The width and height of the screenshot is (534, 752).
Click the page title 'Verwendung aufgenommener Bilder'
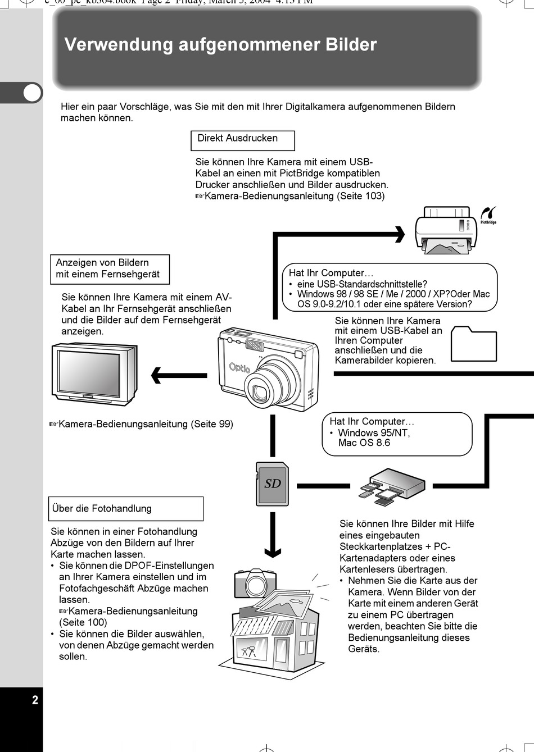click(220, 45)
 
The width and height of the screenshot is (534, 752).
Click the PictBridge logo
click(488, 215)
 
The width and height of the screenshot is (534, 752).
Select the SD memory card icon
click(272, 484)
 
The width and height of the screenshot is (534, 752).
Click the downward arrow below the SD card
click(273, 536)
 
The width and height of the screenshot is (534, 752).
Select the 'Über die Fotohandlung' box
click(126, 509)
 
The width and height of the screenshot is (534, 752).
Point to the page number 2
click(35, 700)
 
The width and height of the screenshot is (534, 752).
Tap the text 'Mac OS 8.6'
click(364, 443)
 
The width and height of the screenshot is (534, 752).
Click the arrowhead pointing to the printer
click(400, 234)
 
